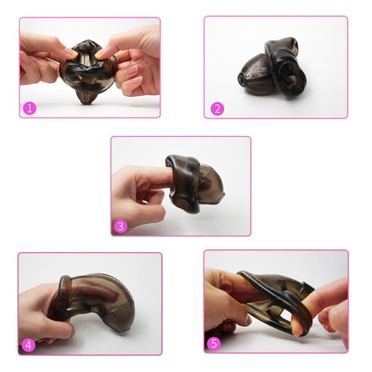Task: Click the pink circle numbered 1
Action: tap(30, 108)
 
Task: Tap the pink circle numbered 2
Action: tap(218, 108)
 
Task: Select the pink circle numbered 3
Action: tap(120, 226)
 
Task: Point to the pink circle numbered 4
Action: tap(29, 345)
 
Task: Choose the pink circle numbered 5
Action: tap(214, 343)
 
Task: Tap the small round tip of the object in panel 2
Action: tap(242, 79)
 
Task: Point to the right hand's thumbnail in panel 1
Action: tap(101, 53)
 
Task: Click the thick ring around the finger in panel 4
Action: tap(62, 294)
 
